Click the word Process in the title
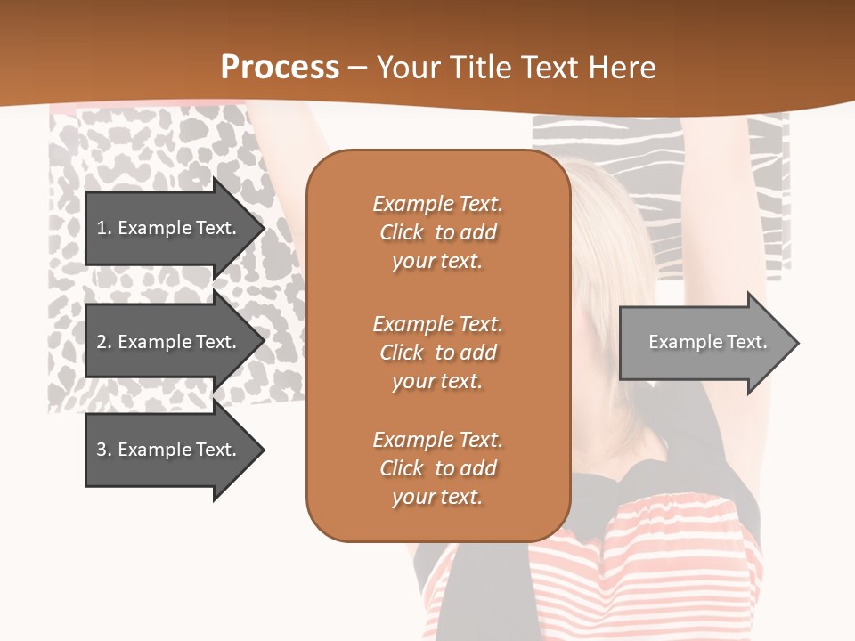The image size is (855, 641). [x=280, y=67]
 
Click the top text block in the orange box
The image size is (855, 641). [x=437, y=232]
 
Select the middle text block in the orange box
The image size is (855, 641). [x=437, y=353]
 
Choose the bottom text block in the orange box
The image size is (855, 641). [x=437, y=468]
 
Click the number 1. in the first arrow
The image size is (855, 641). [x=103, y=228]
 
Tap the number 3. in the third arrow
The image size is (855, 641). [x=103, y=450]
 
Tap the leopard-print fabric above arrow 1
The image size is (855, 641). [x=142, y=142]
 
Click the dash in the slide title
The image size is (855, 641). [x=358, y=68]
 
